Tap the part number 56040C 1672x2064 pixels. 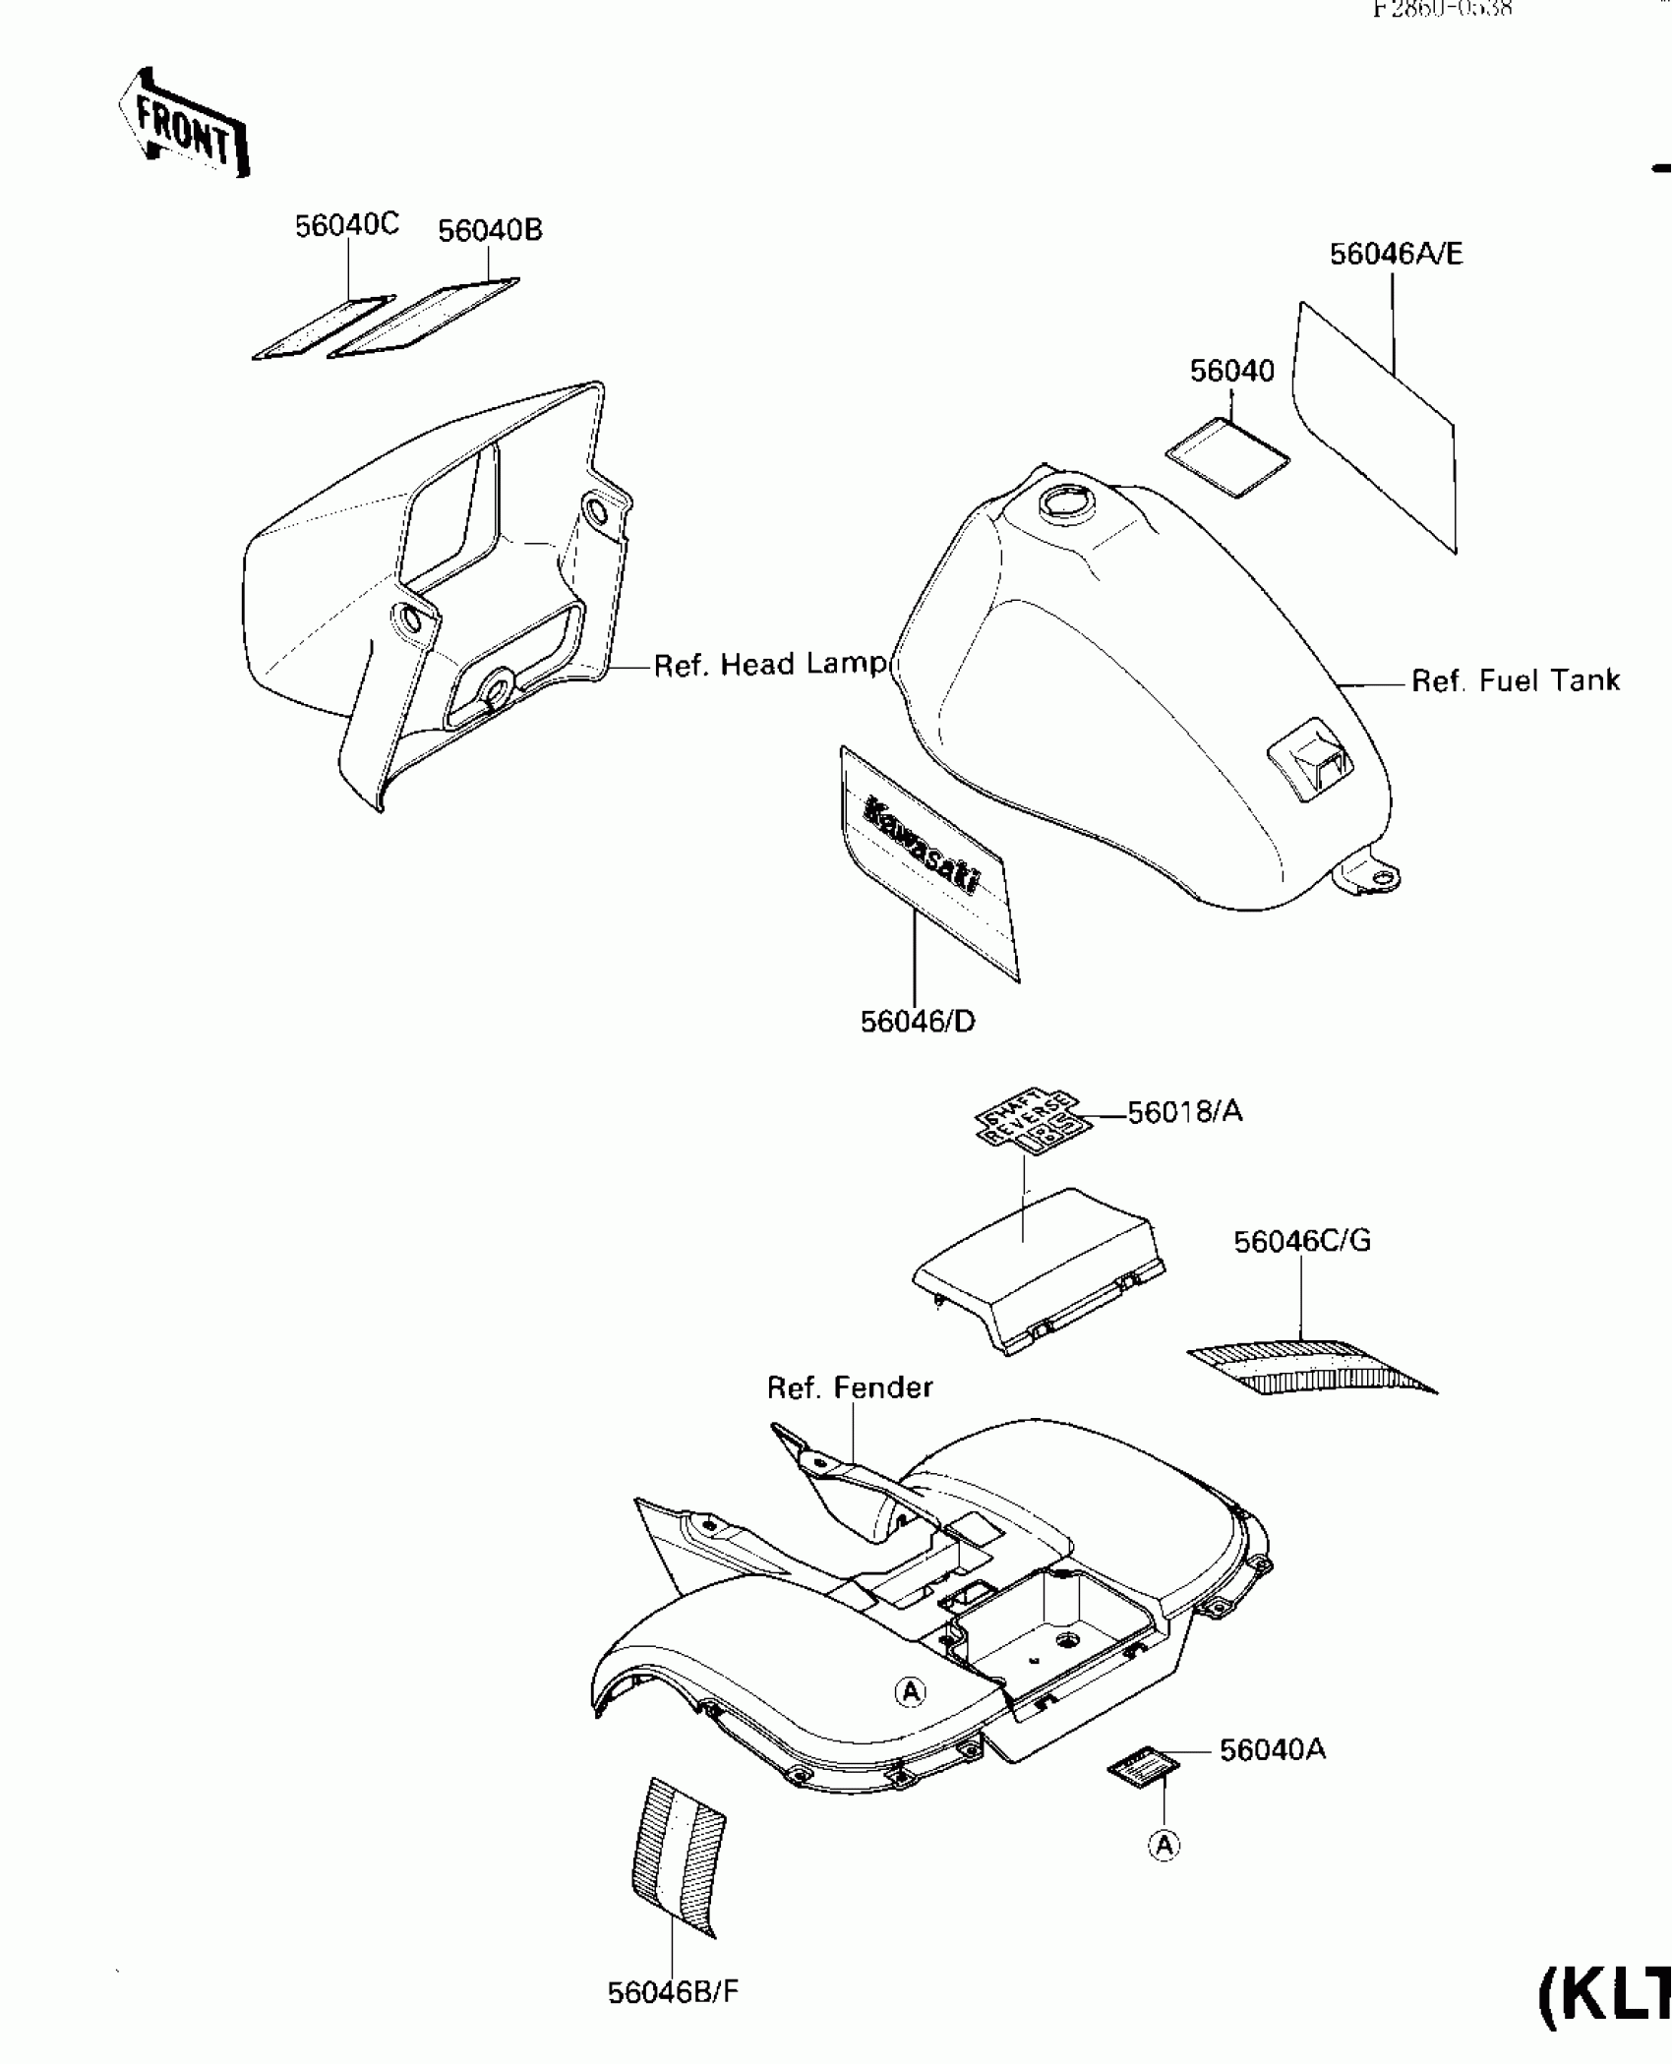point(347,226)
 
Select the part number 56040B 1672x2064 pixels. point(490,231)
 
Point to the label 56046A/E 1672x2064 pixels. point(1396,255)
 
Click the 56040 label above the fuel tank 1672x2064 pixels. point(1231,372)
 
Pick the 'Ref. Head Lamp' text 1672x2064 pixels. point(770,665)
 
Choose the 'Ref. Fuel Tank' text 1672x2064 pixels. point(1515,680)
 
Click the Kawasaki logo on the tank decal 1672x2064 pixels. point(922,847)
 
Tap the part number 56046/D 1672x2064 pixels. point(918,1023)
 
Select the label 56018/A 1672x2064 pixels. point(1184,1112)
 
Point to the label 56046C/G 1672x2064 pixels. point(1302,1241)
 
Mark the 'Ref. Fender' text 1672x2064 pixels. point(850,1387)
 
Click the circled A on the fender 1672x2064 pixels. point(911,1691)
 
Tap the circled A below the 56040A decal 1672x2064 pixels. point(1164,1846)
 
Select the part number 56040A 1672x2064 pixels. point(1273,1750)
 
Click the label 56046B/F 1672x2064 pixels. point(673,1992)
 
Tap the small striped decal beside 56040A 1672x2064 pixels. point(1143,1768)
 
